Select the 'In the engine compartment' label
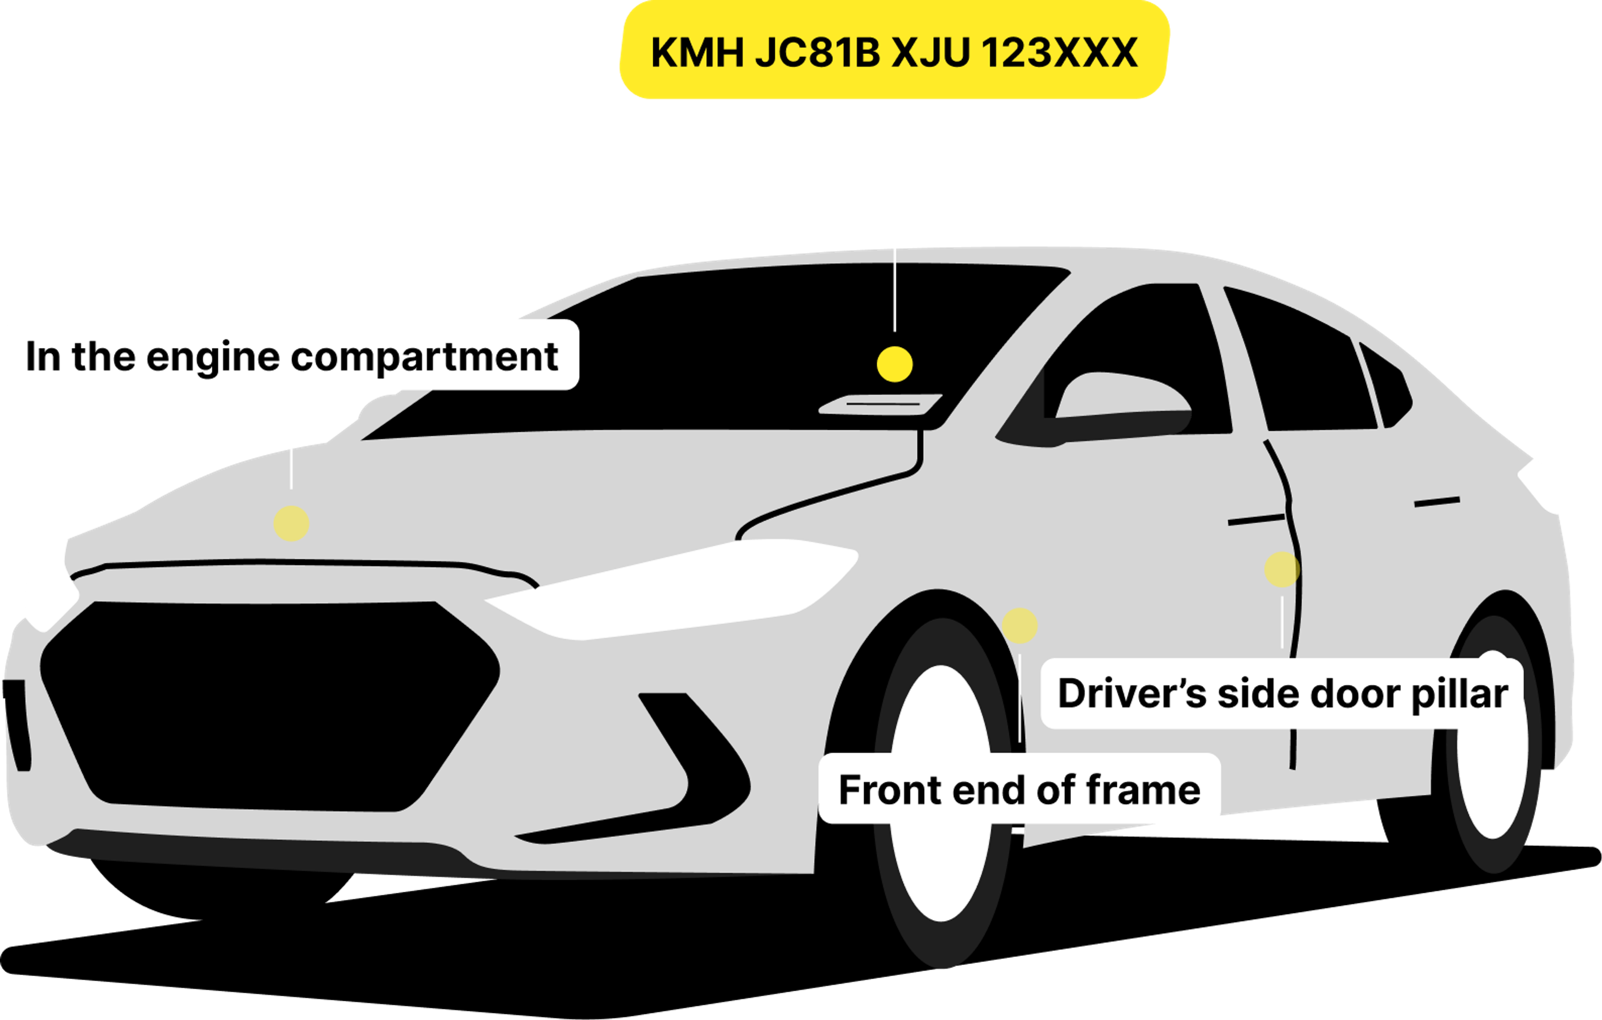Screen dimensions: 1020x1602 [x=291, y=355]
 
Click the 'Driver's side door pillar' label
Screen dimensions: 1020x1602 [x=1282, y=694]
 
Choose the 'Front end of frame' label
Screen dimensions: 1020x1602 [x=1019, y=790]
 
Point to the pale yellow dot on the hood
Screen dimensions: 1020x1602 [x=291, y=523]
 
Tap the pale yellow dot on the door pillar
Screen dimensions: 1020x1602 [x=1281, y=569]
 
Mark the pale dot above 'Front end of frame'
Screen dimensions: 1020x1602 [x=1019, y=625]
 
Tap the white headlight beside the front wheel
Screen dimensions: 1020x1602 [x=672, y=589]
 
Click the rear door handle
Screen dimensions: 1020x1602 [x=1437, y=501]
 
